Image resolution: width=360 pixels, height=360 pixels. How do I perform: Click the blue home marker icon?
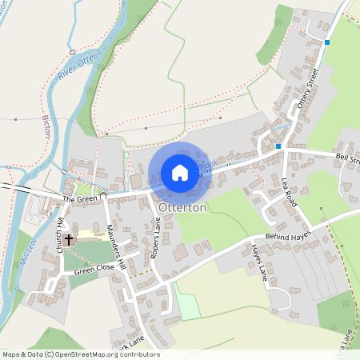point(180,173)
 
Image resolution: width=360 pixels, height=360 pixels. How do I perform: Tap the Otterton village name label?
point(183,207)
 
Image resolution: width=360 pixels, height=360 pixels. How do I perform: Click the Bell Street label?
point(348,159)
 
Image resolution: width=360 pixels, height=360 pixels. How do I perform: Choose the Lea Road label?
point(289,192)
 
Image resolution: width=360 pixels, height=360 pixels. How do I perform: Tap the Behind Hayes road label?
point(287,234)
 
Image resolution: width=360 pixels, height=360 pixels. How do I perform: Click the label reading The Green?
point(79,198)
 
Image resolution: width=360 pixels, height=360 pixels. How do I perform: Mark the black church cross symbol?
point(69,239)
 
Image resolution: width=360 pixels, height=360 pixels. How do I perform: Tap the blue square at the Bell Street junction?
point(278,146)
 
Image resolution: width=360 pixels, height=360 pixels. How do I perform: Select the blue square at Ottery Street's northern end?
point(327,42)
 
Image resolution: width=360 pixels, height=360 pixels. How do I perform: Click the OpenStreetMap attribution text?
point(80,354)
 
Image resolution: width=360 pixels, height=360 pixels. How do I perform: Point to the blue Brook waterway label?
point(208,164)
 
